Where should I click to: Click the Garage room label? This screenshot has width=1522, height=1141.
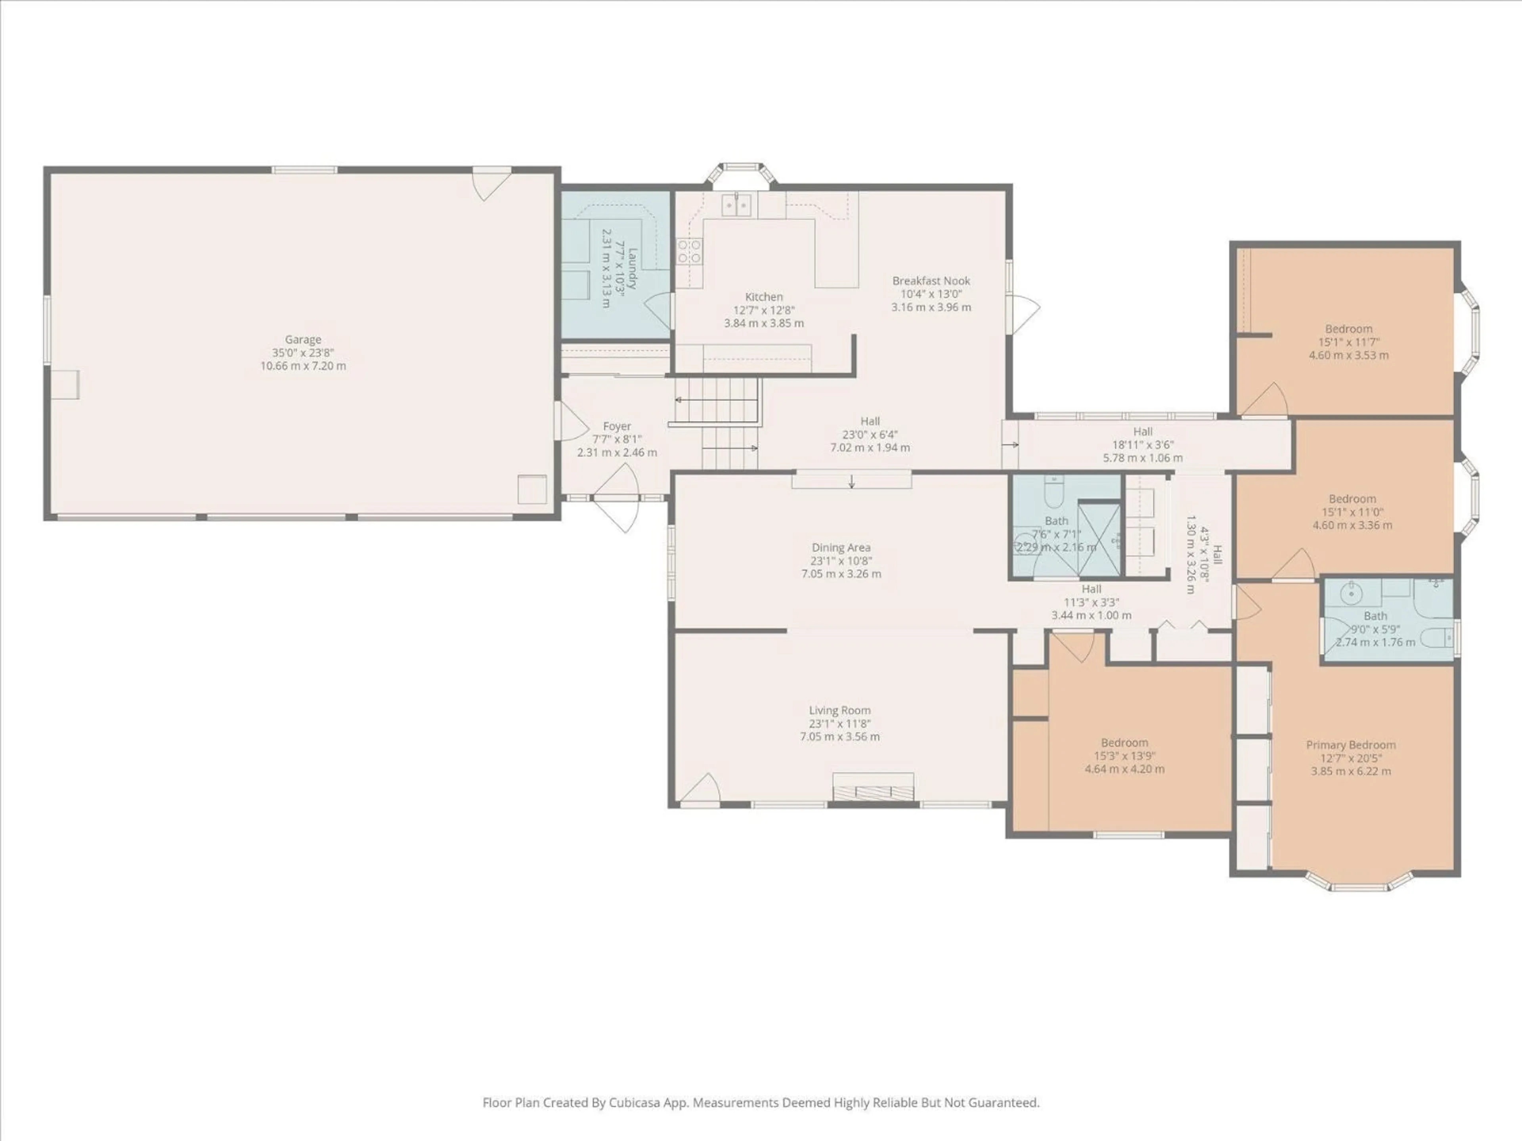click(303, 340)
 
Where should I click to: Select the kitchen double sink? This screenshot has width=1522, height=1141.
click(736, 204)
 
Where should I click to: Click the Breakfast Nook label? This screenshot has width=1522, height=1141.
click(931, 280)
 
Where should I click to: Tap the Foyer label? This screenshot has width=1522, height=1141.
click(616, 426)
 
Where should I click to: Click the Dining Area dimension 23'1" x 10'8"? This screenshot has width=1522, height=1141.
click(841, 561)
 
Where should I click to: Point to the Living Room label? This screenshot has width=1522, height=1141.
click(839, 710)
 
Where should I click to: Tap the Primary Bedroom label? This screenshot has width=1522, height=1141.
click(1351, 745)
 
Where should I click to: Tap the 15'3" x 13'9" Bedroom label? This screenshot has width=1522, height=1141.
click(1124, 743)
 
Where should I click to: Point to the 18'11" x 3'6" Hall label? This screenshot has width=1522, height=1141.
click(1143, 432)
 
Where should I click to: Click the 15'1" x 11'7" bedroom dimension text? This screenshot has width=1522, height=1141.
click(1349, 342)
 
